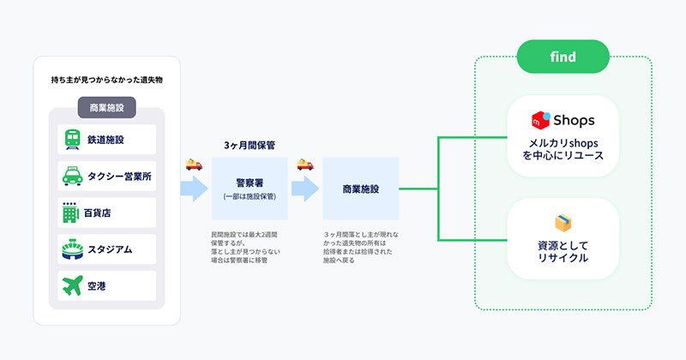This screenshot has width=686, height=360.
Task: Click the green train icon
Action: pyautogui.click(x=72, y=140)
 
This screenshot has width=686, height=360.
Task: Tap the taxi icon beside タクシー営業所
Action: pyautogui.click(x=72, y=177)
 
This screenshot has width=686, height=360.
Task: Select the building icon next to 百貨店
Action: pyautogui.click(x=70, y=213)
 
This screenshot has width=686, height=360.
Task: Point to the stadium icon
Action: pyautogui.click(x=72, y=249)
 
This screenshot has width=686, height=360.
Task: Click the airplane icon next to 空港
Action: pyautogui.click(x=72, y=285)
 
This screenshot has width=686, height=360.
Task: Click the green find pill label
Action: pyautogui.click(x=563, y=57)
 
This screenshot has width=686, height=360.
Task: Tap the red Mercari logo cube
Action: pyautogui.click(x=541, y=120)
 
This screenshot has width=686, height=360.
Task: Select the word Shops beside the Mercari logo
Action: pyautogui.click(x=574, y=120)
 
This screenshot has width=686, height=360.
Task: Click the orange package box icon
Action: pyautogui.click(x=563, y=223)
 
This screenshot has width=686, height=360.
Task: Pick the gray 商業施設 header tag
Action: pyautogui.click(x=106, y=108)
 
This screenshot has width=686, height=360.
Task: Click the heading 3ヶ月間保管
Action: pyautogui.click(x=250, y=145)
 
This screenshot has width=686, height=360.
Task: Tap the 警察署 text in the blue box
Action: pyautogui.click(x=250, y=183)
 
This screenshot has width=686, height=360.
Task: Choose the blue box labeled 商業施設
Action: pyautogui.click(x=361, y=189)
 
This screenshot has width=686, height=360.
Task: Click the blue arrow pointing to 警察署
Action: pyautogui.click(x=195, y=189)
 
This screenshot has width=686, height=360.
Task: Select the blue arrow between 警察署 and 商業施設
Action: pyautogui.click(x=305, y=189)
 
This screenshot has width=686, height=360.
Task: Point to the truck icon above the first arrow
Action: pyautogui.click(x=195, y=164)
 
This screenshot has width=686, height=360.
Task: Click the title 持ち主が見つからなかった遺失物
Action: pyautogui.click(x=106, y=80)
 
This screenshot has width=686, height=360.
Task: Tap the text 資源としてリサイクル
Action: pyautogui.click(x=563, y=251)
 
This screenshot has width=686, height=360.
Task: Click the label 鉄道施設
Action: pyautogui.click(x=105, y=140)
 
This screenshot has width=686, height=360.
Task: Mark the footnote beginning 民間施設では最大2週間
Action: pyautogui.click(x=245, y=248)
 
